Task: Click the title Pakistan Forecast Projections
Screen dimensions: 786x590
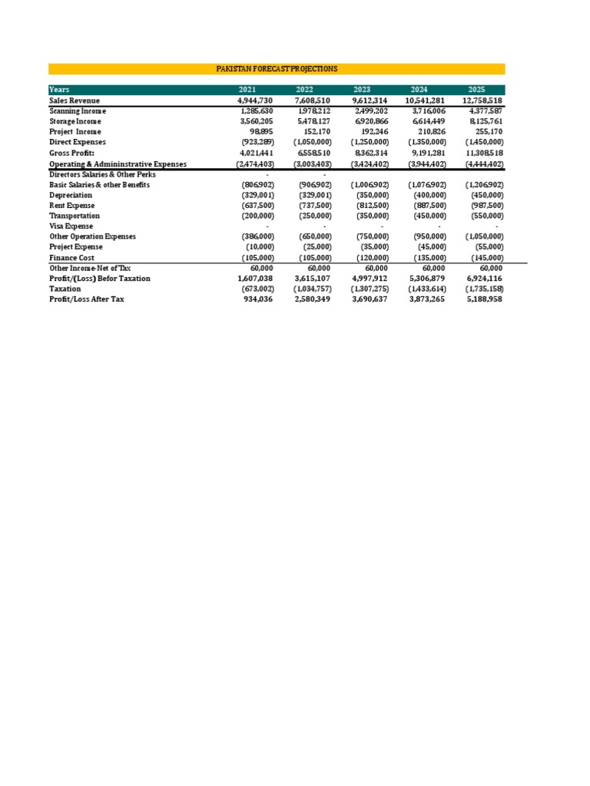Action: click(277, 69)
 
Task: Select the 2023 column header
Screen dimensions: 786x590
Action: click(362, 90)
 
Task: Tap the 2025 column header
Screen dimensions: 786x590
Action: click(476, 90)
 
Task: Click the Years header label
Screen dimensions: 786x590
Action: click(59, 90)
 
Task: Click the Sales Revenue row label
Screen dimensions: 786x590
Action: click(75, 101)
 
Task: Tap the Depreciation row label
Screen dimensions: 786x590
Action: click(71, 195)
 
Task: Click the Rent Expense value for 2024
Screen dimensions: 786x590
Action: click(427, 206)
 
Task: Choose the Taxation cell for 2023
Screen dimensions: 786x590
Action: click(370, 289)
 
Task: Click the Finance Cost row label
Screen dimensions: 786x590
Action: click(71, 258)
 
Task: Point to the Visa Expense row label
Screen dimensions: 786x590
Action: click(71, 226)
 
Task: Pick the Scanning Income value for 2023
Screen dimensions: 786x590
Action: click(371, 111)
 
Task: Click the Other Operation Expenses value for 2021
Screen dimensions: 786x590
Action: click(257, 237)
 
